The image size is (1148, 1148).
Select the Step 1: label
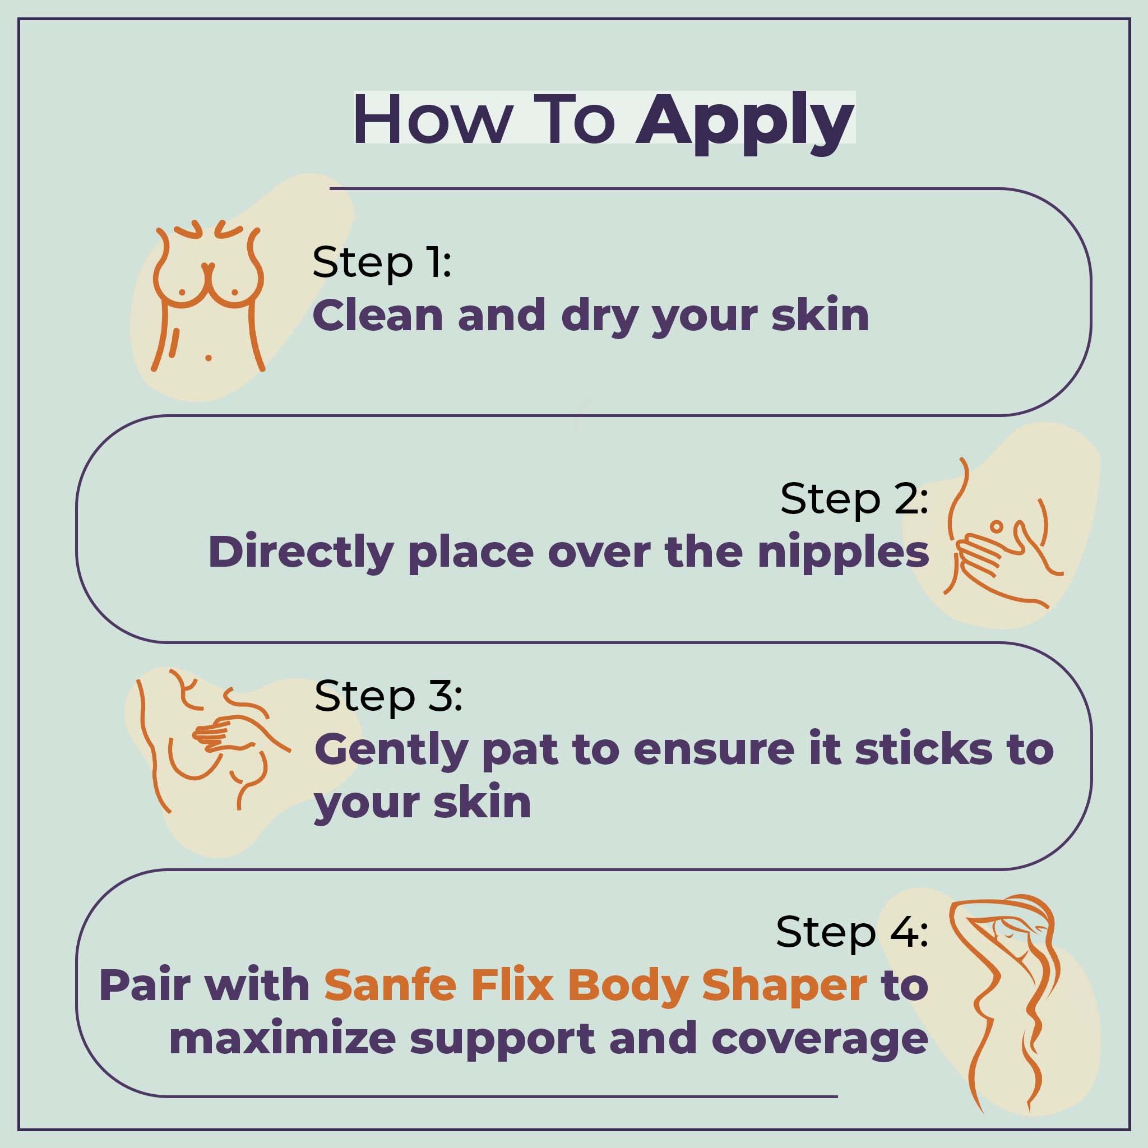382,262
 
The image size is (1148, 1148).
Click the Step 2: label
854,499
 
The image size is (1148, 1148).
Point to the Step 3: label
388,696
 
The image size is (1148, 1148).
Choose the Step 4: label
851,932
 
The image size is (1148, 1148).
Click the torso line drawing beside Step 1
208,297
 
